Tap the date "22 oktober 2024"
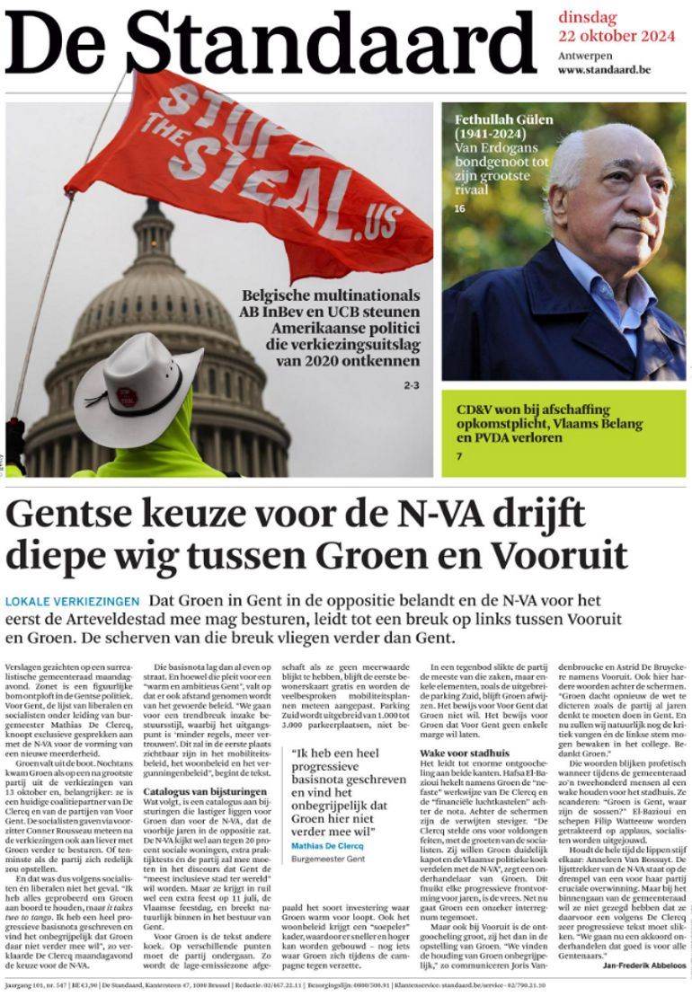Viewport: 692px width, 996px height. click(616, 37)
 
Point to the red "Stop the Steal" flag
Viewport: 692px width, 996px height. click(243, 171)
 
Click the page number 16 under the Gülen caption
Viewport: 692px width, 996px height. click(460, 209)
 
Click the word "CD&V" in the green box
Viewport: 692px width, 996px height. click(477, 410)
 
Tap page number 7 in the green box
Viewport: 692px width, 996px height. click(459, 457)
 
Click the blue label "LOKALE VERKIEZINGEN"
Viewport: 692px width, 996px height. click(72, 601)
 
